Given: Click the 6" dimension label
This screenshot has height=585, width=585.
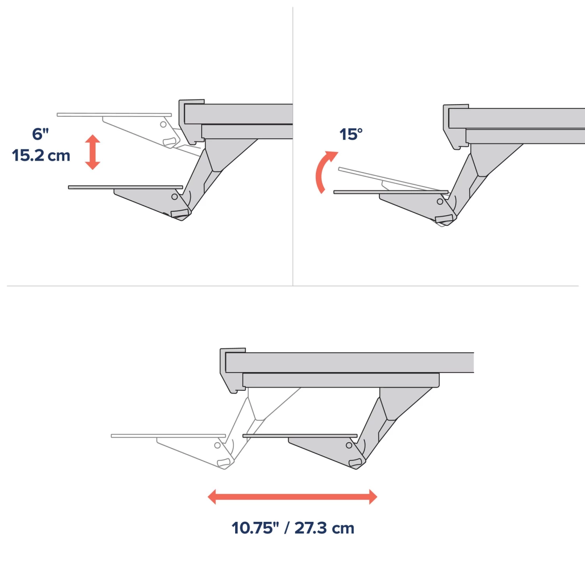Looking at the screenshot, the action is click(41, 134).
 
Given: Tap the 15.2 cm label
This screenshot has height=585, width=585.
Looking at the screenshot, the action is click(41, 155).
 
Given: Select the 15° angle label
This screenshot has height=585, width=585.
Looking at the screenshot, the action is click(351, 135).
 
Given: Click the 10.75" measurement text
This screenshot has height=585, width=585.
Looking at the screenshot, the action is click(255, 528).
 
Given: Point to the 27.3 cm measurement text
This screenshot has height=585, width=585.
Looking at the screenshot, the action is click(324, 528).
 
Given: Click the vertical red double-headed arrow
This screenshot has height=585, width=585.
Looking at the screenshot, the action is click(93, 152).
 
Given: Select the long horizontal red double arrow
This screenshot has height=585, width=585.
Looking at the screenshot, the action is click(292, 497).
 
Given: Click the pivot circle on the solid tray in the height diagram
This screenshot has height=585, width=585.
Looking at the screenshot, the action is click(175, 197).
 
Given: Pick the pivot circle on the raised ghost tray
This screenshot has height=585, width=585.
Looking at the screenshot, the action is click(163, 124).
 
